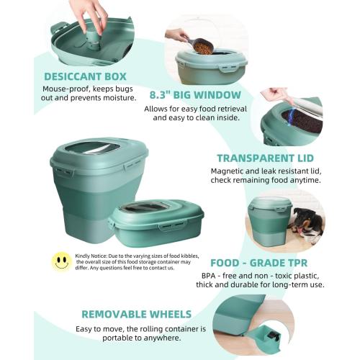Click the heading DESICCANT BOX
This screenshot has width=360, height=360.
(84, 76)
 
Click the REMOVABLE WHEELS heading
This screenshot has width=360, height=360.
(136, 314)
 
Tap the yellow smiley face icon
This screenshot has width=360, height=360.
(61, 261)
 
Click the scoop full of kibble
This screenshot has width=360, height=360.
(202, 47)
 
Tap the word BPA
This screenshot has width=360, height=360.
(219, 276)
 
